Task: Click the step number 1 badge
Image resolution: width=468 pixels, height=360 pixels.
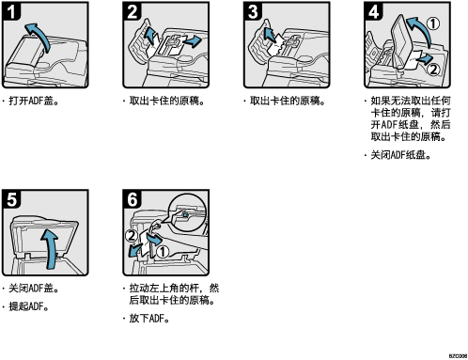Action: click(x=11, y=11)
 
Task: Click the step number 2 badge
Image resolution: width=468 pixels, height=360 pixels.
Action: click(x=132, y=11)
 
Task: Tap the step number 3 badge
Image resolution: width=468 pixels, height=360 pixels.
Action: click(x=253, y=11)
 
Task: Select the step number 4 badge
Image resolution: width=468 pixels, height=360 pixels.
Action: click(x=373, y=11)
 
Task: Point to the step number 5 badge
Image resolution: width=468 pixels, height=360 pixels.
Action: click(x=11, y=199)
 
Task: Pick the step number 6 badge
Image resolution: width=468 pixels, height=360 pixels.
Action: click(x=132, y=199)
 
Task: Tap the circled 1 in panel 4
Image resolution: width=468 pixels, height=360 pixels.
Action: click(x=433, y=23)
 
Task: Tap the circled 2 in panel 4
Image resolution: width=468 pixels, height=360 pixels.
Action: click(x=433, y=70)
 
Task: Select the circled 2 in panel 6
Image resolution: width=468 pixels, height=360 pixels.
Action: click(x=132, y=235)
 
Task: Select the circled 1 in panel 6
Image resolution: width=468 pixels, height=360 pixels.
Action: click(x=163, y=252)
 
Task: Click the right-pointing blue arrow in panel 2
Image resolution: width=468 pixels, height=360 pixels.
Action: click(x=191, y=40)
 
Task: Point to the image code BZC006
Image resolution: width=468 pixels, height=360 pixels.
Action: click(x=458, y=356)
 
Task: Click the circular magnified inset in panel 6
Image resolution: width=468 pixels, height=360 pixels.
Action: click(x=187, y=211)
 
